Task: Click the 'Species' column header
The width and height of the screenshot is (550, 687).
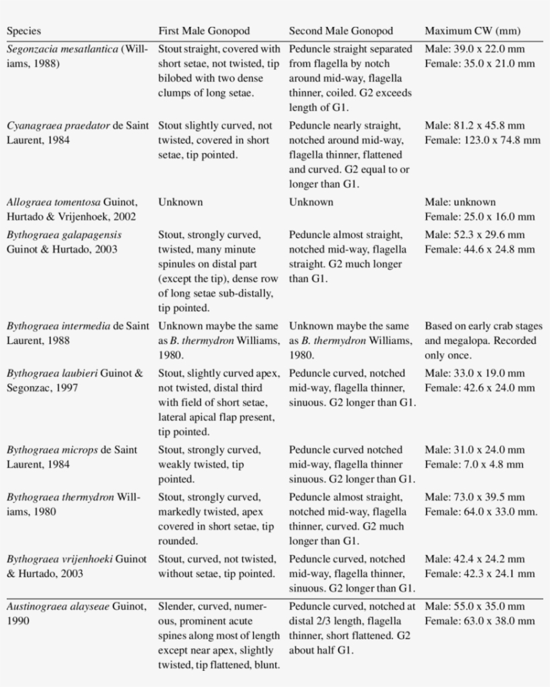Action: [x=23, y=31]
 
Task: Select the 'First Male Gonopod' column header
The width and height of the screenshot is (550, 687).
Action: [x=204, y=31]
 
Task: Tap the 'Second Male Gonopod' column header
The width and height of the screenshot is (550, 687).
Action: [x=341, y=31]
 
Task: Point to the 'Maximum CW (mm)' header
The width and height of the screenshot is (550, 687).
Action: [x=472, y=31]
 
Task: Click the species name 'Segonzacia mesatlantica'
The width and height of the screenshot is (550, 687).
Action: [x=64, y=49]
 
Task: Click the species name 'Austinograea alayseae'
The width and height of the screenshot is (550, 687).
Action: [x=58, y=606]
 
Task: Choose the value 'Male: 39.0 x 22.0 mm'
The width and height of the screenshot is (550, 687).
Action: [x=475, y=49]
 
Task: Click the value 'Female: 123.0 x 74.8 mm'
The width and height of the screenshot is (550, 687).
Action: [x=482, y=140]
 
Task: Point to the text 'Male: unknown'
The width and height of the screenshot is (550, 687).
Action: [x=460, y=202]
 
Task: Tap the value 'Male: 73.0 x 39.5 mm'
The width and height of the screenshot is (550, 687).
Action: [x=475, y=497]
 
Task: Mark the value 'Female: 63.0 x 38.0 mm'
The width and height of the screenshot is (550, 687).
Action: [x=480, y=621]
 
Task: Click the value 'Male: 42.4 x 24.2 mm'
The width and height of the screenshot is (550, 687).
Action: [x=475, y=559]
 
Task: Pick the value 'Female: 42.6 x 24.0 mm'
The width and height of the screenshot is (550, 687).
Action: [x=480, y=388]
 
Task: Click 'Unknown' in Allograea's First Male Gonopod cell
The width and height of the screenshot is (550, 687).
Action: [x=180, y=202]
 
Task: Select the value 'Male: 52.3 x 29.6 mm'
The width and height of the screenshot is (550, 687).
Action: [x=475, y=235]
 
